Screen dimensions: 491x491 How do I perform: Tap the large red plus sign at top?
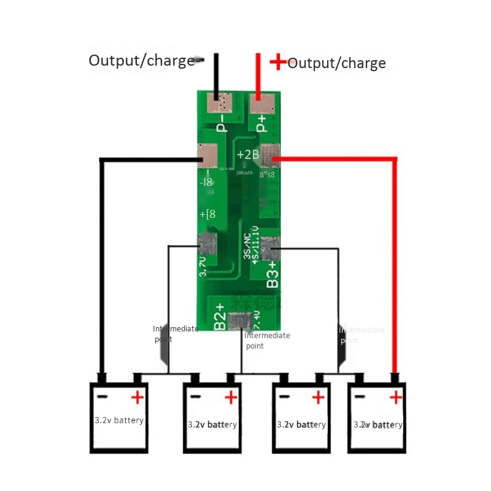(279, 61)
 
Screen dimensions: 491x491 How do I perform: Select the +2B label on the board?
(247, 154)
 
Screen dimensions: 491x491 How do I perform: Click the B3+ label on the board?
(273, 274)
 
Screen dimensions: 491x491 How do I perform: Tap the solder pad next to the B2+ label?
(240, 320)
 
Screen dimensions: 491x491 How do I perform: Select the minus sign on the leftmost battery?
(102, 396)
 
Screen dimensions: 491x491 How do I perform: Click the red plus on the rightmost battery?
(396, 398)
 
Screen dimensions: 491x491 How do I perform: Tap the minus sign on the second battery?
(195, 397)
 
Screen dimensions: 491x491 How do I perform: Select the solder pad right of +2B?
(269, 155)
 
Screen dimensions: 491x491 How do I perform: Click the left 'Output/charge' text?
(141, 61)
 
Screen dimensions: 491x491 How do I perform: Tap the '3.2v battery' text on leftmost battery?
(119, 420)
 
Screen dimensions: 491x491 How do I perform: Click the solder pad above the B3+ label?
(269, 247)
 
